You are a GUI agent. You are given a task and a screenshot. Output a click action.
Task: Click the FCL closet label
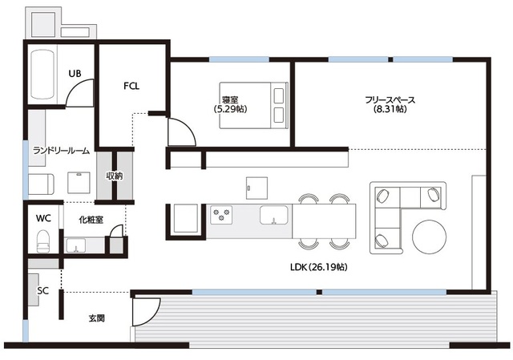pos(131,86)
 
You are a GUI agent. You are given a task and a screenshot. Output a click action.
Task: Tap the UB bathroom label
pos(75,74)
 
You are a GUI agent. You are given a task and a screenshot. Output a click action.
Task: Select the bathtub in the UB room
pos(42,75)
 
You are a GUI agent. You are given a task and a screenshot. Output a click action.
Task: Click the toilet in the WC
pos(42,241)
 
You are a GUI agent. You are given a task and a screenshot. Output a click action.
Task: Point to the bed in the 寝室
pos(253,105)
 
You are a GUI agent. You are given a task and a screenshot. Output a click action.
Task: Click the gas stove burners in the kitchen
pos(221,215)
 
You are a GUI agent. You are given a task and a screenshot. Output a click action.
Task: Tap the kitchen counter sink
pos(274,215)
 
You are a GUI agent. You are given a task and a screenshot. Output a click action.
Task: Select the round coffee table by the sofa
pos(430,237)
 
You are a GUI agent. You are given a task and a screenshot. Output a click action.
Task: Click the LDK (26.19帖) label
pos(319,267)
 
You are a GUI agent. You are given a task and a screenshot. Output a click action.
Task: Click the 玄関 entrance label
pos(97,318)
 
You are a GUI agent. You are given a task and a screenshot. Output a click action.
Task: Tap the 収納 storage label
pos(115,176)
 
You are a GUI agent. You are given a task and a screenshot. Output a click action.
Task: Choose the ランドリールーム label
pos(61,151)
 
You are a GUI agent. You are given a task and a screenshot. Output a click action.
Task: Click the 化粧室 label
pos(91,220)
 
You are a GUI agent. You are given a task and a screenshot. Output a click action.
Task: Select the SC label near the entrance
pos(42,290)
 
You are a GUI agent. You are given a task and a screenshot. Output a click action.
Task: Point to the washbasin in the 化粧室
pos(76,245)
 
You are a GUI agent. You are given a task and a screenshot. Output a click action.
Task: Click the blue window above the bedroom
pos(239,59)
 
